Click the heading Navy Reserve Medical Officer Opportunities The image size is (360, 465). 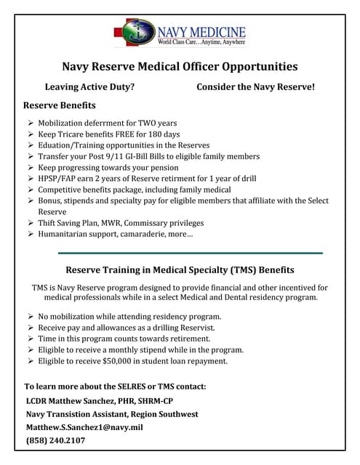coord(180,67)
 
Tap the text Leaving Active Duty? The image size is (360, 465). coord(89,87)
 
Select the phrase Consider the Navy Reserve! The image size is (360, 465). coord(256,87)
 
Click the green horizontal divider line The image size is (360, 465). coord(190,252)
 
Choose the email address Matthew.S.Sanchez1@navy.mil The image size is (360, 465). coord(84,427)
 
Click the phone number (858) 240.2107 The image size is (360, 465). coord(56,440)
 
